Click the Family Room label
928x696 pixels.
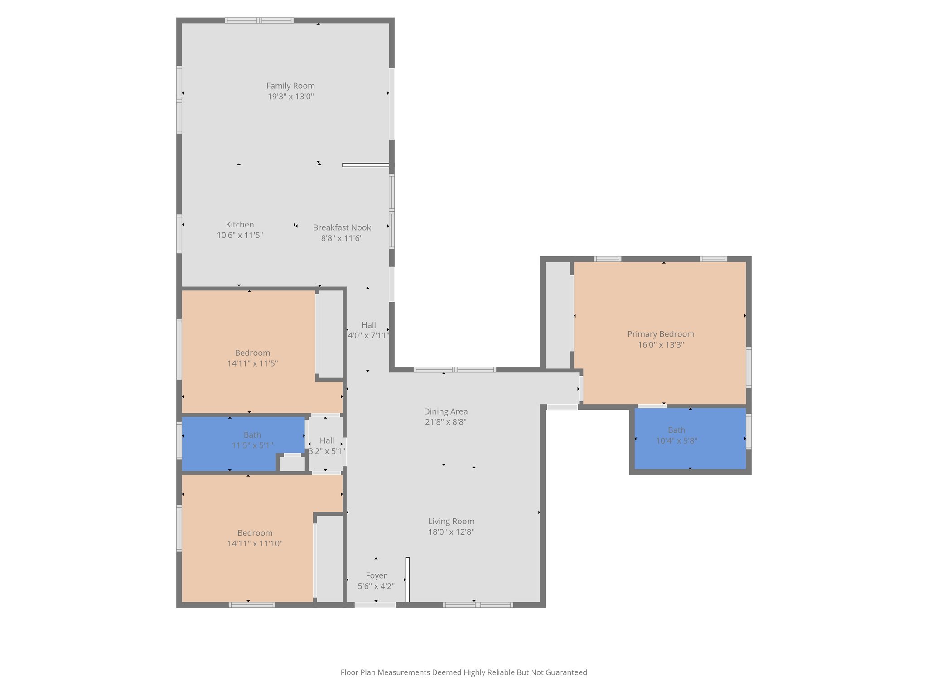[x=290, y=86]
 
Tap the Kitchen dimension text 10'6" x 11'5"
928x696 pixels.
[x=240, y=235]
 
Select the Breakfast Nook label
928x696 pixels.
[x=342, y=227]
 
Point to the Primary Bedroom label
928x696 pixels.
[x=661, y=334]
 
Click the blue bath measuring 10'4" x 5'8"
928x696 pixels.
[x=690, y=438]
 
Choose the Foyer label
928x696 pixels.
[x=376, y=575]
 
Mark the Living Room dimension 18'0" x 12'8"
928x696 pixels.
[x=451, y=532]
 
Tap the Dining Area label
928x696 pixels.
[x=446, y=411]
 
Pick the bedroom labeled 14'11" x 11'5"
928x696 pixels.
[x=252, y=358]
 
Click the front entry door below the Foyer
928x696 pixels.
[x=375, y=604]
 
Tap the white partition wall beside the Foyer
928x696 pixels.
[x=407, y=580]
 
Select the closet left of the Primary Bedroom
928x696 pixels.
[x=557, y=315]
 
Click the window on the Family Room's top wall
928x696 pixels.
[x=259, y=20]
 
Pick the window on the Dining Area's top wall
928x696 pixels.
[x=455, y=370]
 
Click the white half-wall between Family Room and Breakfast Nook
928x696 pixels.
[x=365, y=165]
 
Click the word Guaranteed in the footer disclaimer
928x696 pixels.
[x=566, y=672]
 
